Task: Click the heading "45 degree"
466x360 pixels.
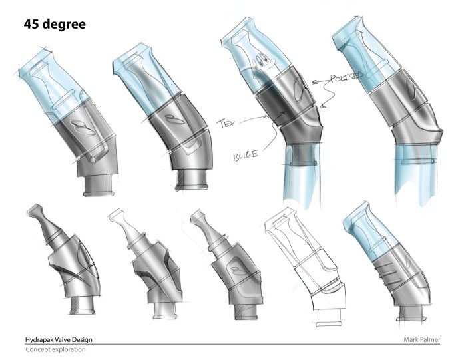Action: point(55,25)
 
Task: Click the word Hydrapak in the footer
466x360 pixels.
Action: point(41,339)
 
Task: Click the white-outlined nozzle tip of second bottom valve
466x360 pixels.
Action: point(120,218)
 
